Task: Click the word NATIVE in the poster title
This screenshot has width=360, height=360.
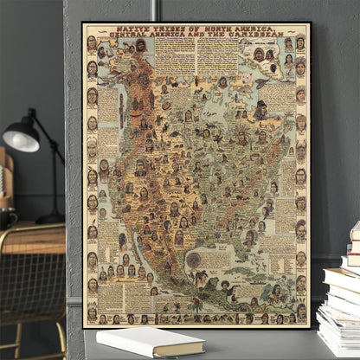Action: point(131,30)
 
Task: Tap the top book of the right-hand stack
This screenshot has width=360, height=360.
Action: point(354,229)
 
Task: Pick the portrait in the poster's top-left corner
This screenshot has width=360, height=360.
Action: point(92,41)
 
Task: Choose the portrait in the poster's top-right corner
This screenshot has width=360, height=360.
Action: point(300,41)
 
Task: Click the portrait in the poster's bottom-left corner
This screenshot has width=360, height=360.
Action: point(92,313)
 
